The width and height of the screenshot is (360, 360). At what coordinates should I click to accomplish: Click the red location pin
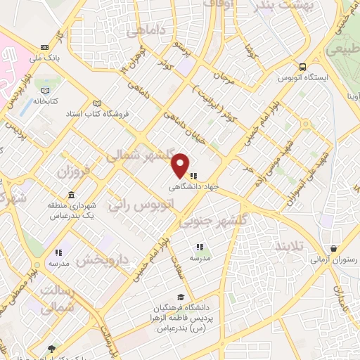(181, 165)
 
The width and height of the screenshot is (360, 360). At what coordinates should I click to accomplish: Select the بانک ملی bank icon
(46, 47)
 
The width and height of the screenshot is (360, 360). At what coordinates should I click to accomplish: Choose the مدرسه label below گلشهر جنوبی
(200, 257)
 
